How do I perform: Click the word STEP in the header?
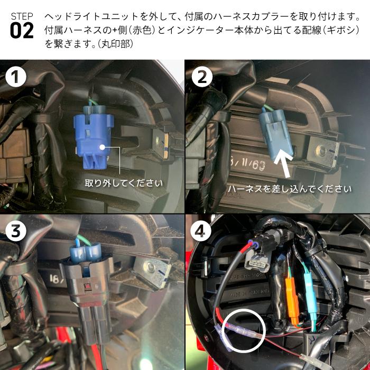[x=22, y=16]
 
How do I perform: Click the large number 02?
[x=22, y=31]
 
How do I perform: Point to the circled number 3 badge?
[x=16, y=230]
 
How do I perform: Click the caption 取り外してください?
[x=124, y=183]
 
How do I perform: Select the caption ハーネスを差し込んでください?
[x=290, y=189]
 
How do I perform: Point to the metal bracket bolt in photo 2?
[x=321, y=151]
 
